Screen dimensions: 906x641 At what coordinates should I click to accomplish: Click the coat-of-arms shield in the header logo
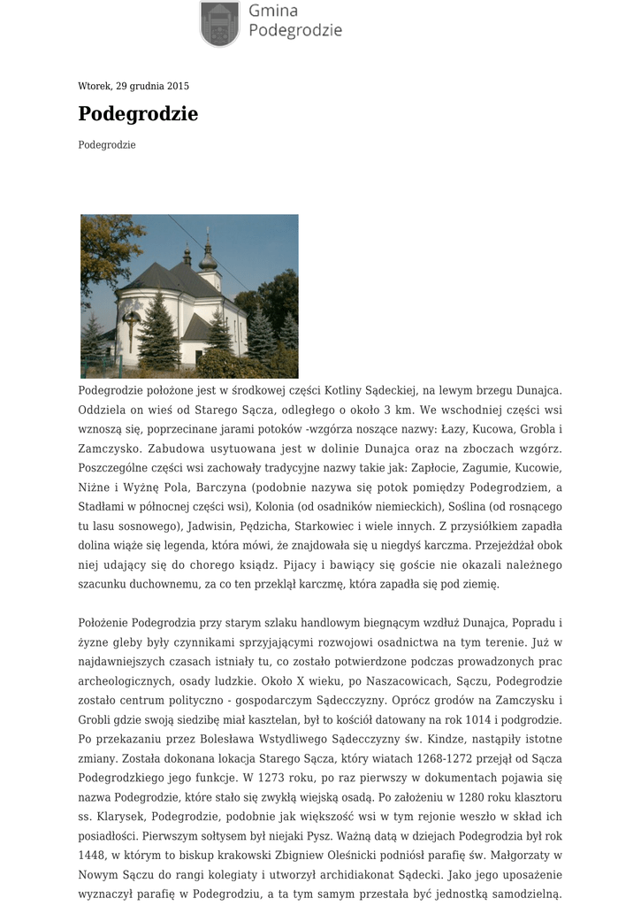tap(219, 23)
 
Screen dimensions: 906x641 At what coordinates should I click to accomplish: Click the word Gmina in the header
tap(273, 11)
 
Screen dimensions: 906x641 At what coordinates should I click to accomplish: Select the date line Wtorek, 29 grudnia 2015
tap(134, 86)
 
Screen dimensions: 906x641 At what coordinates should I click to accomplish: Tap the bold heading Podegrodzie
tap(138, 114)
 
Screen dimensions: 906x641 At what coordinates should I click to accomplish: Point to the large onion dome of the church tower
tap(209, 257)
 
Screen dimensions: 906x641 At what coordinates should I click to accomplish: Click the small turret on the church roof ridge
tap(187, 256)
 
